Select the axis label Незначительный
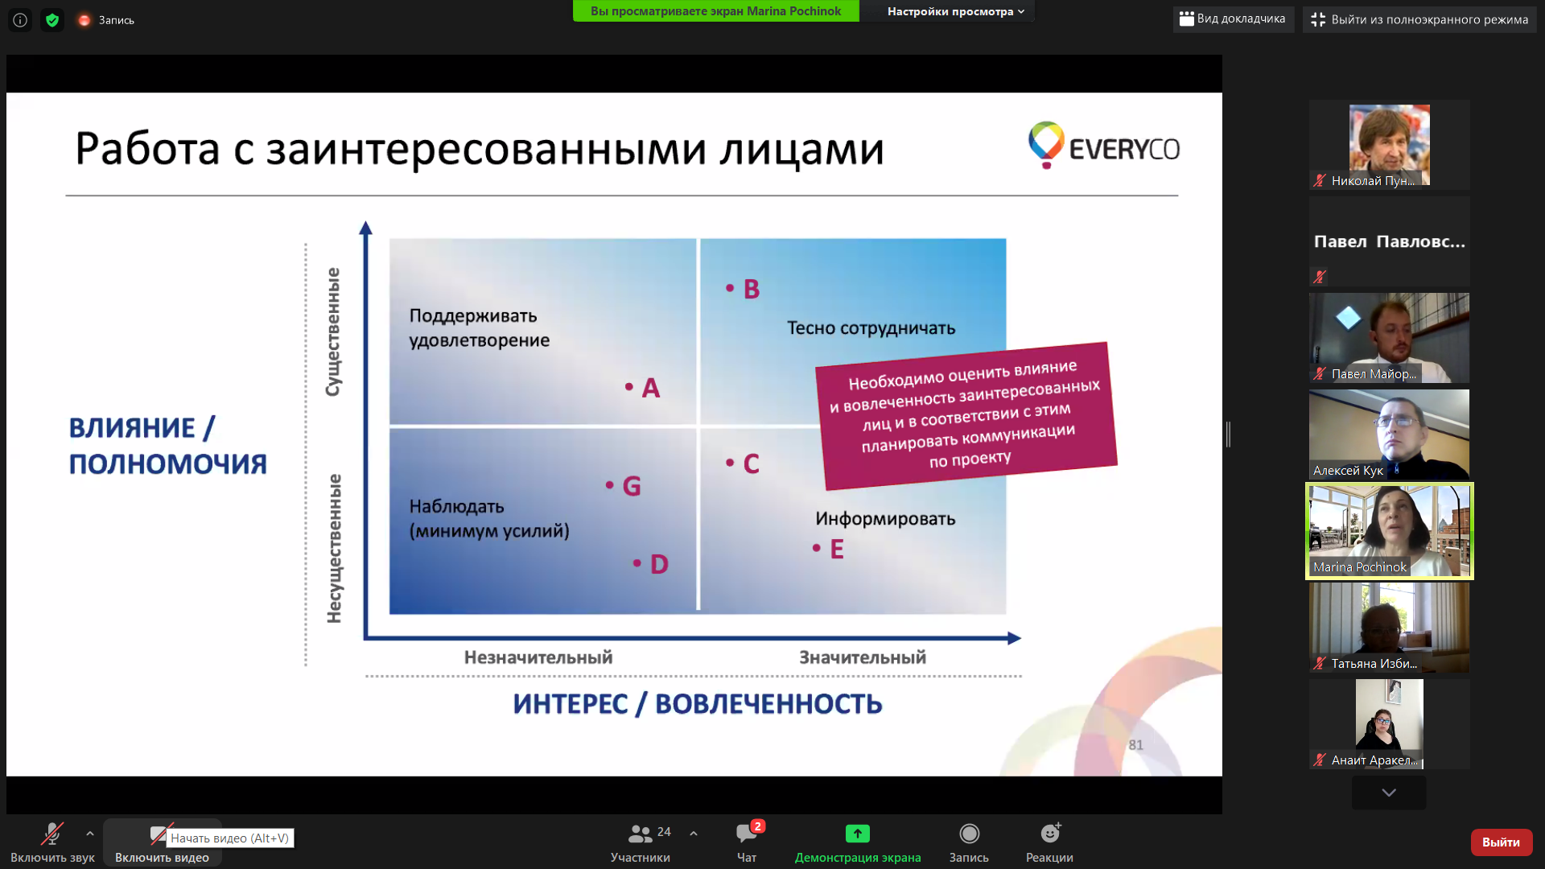[538, 657]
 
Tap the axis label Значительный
[863, 657]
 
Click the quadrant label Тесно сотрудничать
[871, 328]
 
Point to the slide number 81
[1135, 745]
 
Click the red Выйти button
[1501, 842]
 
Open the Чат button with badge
[747, 842]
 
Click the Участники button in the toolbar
[641, 842]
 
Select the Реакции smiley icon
[1050, 833]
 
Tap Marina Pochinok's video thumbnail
[1390, 531]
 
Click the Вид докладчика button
[1233, 19]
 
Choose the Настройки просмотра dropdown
[956, 11]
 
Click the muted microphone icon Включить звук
[52, 834]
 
